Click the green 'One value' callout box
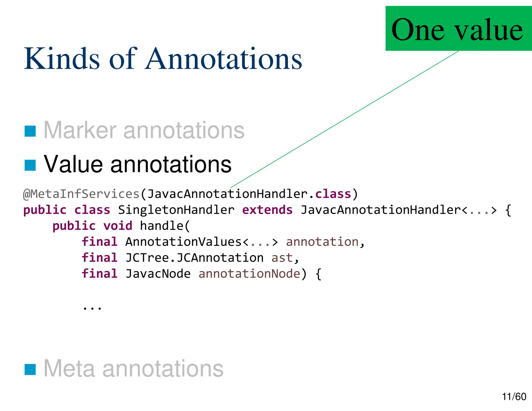458,29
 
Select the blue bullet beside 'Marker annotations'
30,131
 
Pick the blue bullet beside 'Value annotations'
30,165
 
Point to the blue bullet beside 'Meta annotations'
30,369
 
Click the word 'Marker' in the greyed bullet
80,130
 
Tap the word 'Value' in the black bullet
73,164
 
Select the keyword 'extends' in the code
267,210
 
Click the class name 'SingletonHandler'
176,210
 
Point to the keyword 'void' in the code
118,226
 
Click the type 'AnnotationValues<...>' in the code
202,242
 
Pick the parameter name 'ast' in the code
282,258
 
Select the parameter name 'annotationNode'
249,274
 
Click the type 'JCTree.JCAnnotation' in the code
194,258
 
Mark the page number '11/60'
514,397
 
